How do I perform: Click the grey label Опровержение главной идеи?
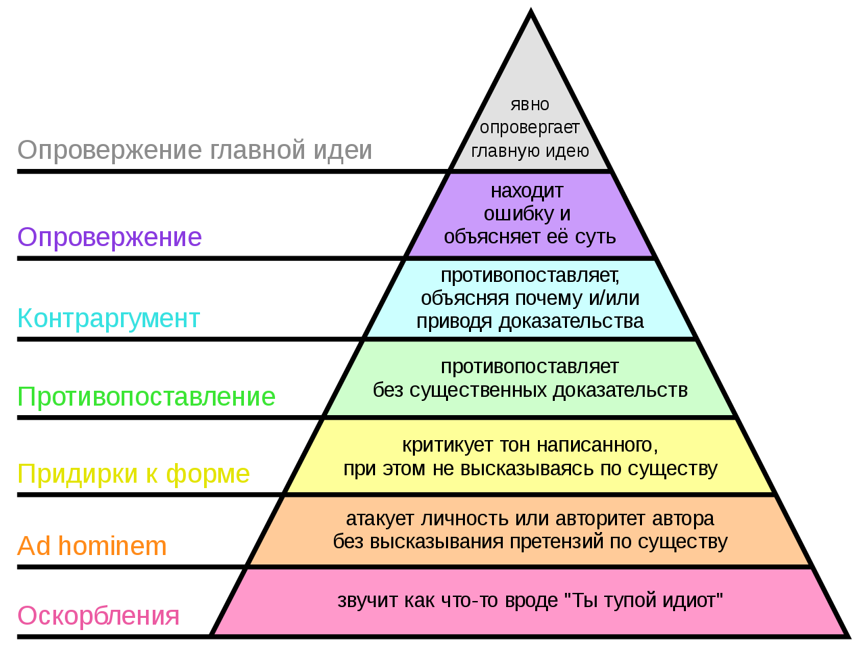click(x=195, y=151)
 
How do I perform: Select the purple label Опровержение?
click(x=109, y=237)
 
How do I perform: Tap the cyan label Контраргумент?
click(x=109, y=318)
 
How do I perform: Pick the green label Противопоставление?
click(x=146, y=396)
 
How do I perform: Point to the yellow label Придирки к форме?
click(x=134, y=474)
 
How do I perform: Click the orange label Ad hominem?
click(x=92, y=546)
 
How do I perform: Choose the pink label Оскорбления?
click(x=98, y=616)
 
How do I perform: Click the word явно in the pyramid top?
click(x=530, y=105)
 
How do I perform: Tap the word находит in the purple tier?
click(x=527, y=191)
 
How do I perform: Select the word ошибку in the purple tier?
click(x=515, y=214)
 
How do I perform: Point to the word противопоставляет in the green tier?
click(x=530, y=367)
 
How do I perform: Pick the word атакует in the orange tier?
click(x=380, y=519)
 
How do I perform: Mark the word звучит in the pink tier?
click(x=367, y=600)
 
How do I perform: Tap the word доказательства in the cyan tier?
click(x=572, y=322)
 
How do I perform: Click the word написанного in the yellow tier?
click(x=597, y=446)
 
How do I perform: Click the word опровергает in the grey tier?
click(x=530, y=128)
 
